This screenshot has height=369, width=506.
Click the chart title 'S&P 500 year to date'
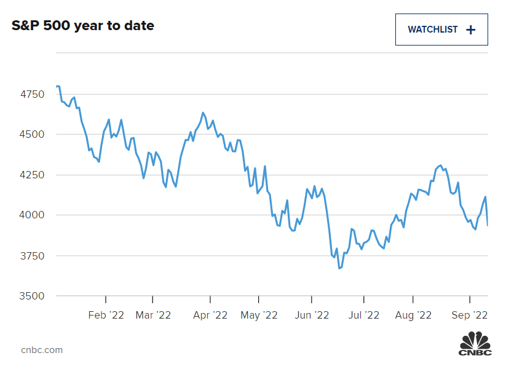[x=83, y=26]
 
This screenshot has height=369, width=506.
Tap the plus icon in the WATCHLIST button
[x=471, y=30]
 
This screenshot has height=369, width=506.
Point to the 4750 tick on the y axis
[x=32, y=94]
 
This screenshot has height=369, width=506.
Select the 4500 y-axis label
[x=32, y=135]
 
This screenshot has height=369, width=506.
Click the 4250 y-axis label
[x=32, y=175]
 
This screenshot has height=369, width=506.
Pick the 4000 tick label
[x=32, y=215]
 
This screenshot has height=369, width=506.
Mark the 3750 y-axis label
[x=32, y=256]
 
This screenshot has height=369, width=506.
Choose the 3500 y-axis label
[x=32, y=296]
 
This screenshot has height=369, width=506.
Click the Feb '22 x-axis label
[x=106, y=315]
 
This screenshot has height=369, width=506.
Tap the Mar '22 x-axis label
[x=153, y=315]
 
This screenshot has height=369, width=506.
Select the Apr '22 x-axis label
[x=210, y=315]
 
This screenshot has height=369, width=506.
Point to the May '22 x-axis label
[x=259, y=315]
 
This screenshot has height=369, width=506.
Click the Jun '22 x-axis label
[x=312, y=315]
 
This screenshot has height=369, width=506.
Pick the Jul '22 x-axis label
[x=363, y=315]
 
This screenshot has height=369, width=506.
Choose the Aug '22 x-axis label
[x=413, y=315]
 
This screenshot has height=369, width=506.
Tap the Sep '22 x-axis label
[x=470, y=315]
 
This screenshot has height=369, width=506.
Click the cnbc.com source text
[x=42, y=350]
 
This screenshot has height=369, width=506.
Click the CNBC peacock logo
[x=475, y=343]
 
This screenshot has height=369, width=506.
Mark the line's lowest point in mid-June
[x=339, y=269]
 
